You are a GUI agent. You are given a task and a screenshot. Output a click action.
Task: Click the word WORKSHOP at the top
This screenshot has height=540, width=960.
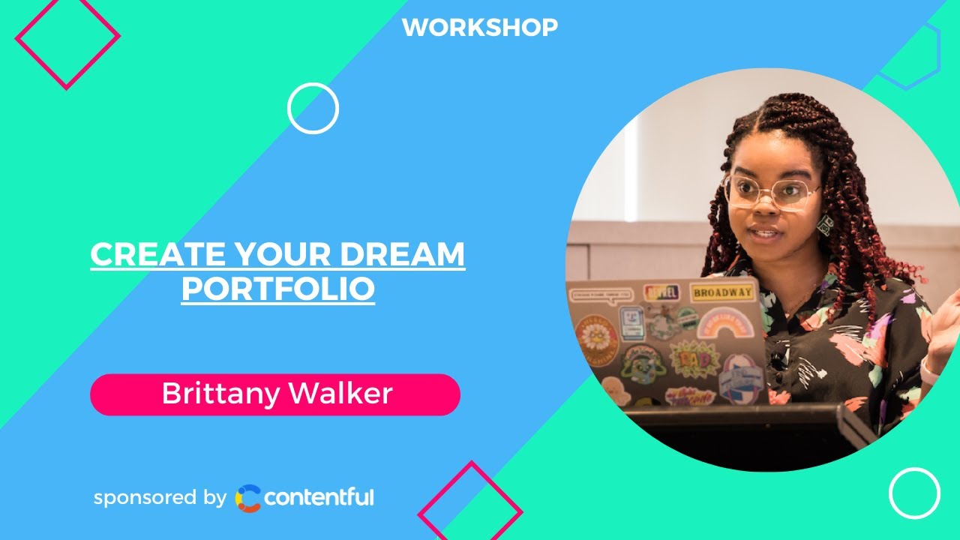[x=480, y=28]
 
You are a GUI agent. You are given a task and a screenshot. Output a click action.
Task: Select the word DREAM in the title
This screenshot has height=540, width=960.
[x=403, y=256]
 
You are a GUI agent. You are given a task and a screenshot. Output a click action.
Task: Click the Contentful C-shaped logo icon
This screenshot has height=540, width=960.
[x=248, y=498]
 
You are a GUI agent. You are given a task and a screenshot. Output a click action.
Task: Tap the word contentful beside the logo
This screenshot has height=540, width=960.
[x=319, y=497]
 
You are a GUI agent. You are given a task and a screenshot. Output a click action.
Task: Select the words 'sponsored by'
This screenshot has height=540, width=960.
[x=160, y=497]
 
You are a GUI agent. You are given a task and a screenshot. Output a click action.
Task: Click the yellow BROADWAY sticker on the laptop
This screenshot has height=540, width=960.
[x=722, y=292]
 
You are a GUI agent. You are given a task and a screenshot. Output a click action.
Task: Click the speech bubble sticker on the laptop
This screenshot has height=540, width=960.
[x=601, y=295]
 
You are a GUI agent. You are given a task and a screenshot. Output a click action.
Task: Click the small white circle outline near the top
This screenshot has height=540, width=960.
[x=313, y=108]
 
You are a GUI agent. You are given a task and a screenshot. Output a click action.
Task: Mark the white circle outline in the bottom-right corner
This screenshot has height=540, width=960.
[x=914, y=493]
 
